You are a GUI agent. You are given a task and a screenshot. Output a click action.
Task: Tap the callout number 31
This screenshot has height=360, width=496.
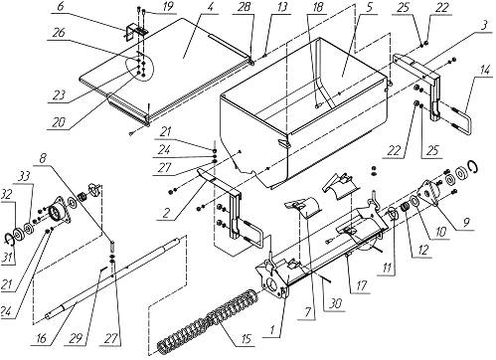9,257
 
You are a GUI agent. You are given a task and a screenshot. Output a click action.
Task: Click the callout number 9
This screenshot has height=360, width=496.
466,223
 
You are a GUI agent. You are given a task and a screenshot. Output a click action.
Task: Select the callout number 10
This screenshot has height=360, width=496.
440,232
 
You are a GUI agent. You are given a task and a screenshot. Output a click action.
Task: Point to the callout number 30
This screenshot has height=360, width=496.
336,304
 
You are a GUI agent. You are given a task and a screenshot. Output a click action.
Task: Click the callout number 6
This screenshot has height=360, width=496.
60,8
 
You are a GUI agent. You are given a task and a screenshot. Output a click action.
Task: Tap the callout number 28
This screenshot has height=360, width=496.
245,8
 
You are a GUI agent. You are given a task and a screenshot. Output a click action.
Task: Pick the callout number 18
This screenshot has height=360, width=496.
318,8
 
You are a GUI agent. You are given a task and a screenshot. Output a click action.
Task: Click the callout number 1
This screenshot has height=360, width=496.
272,330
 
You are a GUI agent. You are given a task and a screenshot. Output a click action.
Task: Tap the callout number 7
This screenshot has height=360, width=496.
308,313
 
